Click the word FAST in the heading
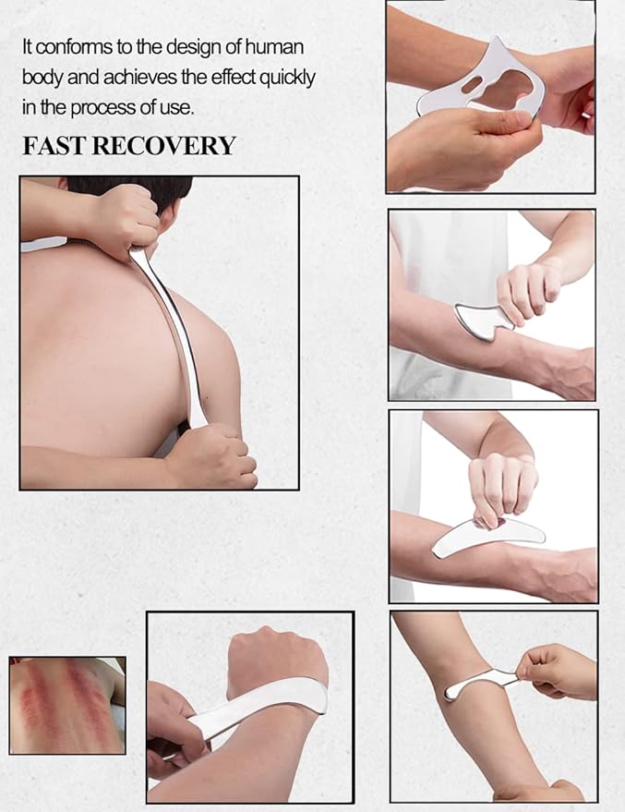[x=52, y=146]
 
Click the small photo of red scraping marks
[x=66, y=705]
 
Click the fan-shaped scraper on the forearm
[x=483, y=319]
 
